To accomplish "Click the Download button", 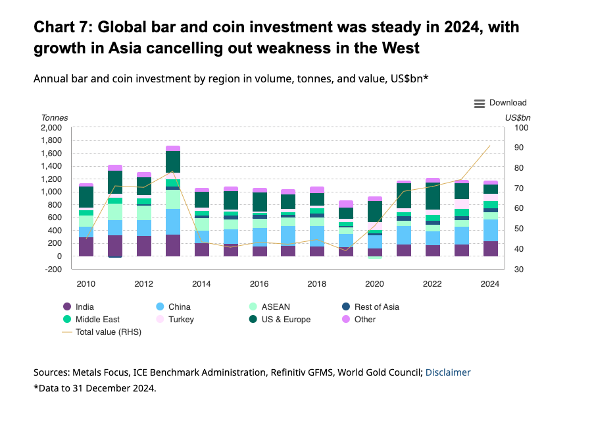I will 500,103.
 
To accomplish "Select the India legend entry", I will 85,306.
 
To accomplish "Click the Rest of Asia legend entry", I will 376,306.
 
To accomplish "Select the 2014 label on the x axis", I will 201,284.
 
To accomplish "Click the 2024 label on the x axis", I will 490,284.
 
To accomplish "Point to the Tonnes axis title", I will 55,118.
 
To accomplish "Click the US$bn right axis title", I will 518,118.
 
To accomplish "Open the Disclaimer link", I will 448,372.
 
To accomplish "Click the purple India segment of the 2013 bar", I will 173,245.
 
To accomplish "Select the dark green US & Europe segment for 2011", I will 115,181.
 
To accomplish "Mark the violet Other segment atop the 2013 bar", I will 173,148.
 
